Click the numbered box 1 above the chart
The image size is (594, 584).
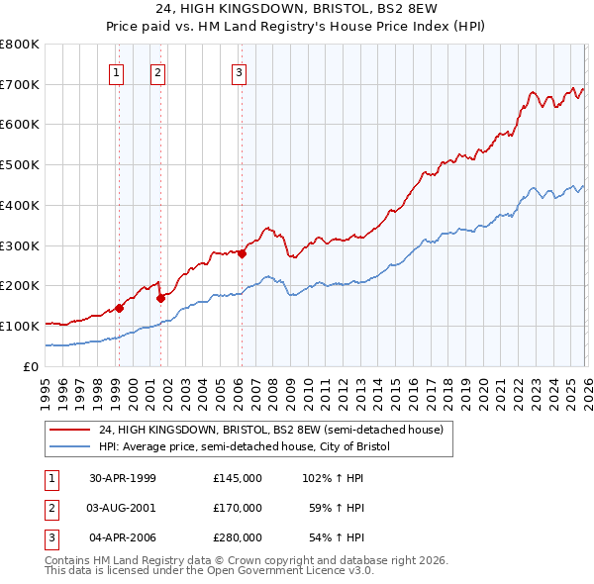click(x=118, y=70)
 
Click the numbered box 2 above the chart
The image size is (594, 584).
click(x=157, y=70)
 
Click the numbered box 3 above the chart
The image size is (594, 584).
click(x=240, y=70)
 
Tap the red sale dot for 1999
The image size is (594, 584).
click(x=119, y=308)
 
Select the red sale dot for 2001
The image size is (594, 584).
click(x=159, y=297)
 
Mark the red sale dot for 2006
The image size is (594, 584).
click(x=241, y=252)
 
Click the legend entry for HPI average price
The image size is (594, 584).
click(x=245, y=447)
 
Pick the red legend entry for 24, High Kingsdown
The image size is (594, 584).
click(x=276, y=430)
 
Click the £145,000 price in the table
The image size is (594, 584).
click(x=237, y=478)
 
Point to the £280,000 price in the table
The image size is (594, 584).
click(x=237, y=537)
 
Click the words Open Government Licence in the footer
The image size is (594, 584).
click(x=277, y=572)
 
